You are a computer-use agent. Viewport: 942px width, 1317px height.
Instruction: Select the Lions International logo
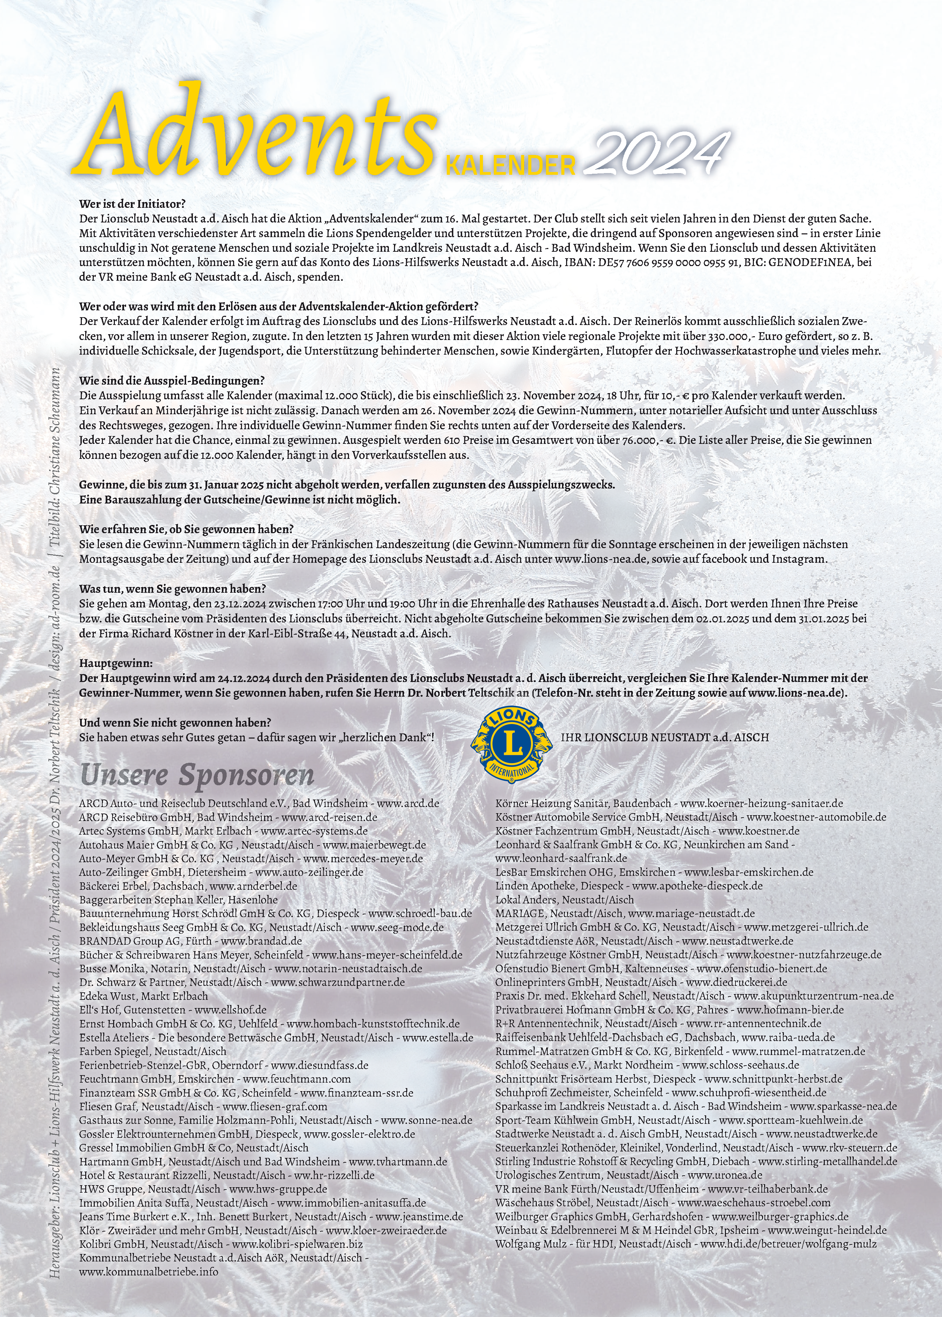click(x=511, y=745)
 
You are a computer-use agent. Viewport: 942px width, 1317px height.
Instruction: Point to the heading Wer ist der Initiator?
click(x=132, y=204)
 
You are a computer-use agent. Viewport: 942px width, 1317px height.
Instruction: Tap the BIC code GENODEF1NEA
click(x=810, y=262)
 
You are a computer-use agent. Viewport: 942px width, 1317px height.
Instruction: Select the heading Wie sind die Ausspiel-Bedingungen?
click(x=172, y=381)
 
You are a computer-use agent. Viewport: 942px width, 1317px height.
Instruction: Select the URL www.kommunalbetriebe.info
click(x=149, y=1272)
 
